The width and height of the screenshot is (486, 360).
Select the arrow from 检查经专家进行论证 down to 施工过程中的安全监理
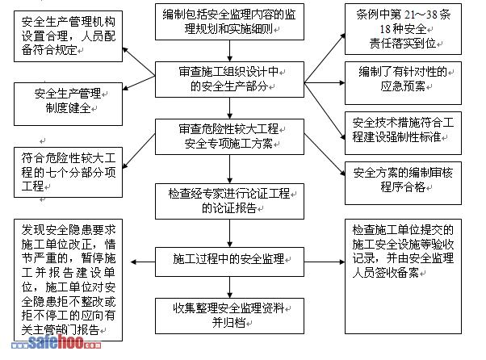229,231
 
